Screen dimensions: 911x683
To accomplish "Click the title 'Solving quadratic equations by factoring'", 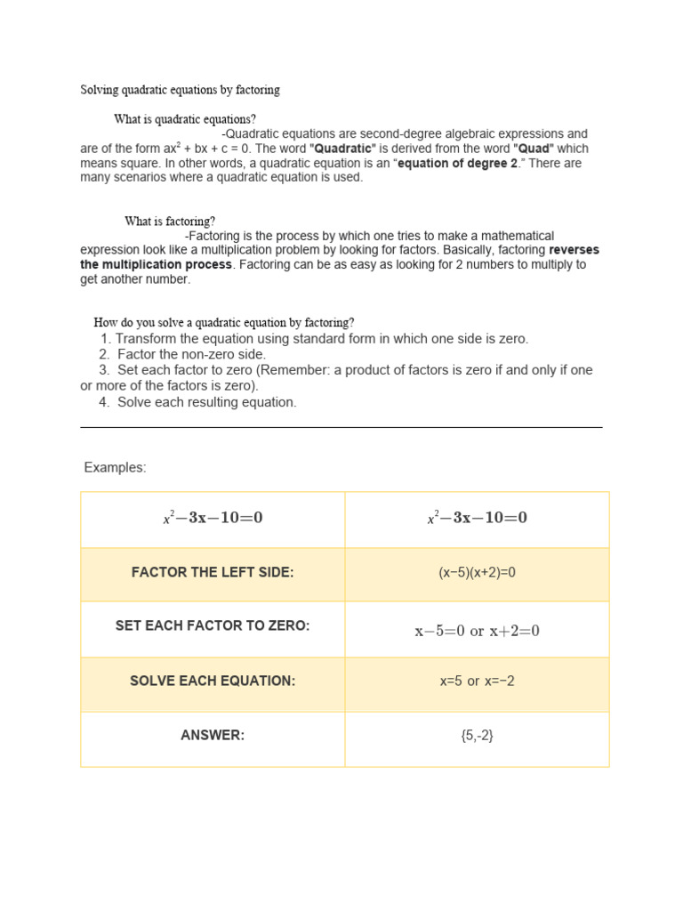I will pyautogui.click(x=180, y=90).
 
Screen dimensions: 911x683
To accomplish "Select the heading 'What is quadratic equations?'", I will pyautogui.click(x=185, y=119).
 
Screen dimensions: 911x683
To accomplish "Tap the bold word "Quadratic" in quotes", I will pyautogui.click(x=342, y=149).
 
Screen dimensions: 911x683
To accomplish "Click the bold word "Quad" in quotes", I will pyautogui.click(x=534, y=149).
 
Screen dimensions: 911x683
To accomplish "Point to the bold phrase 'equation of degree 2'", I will pyautogui.click(x=457, y=164).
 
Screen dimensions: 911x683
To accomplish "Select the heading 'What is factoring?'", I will pyautogui.click(x=170, y=222).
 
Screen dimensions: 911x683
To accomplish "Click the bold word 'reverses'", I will pyautogui.click(x=574, y=250).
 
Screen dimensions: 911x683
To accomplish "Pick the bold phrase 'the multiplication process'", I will pyautogui.click(x=157, y=265).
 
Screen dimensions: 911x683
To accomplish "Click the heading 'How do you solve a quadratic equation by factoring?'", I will pyautogui.click(x=224, y=323).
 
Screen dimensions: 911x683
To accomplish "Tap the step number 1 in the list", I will pyautogui.click(x=105, y=339).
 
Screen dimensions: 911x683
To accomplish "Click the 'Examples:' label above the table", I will pyautogui.click(x=115, y=468).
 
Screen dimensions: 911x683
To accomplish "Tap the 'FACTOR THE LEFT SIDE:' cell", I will pyautogui.click(x=213, y=573).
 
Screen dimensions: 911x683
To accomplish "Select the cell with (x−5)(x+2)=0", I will pyautogui.click(x=477, y=573).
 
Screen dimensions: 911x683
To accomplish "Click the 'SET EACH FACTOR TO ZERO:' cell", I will pyautogui.click(x=213, y=626).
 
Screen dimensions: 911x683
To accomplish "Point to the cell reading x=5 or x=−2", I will pyautogui.click(x=477, y=681).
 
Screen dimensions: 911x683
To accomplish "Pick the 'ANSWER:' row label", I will pyautogui.click(x=213, y=736).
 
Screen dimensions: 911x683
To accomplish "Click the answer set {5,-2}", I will pyautogui.click(x=477, y=736).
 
